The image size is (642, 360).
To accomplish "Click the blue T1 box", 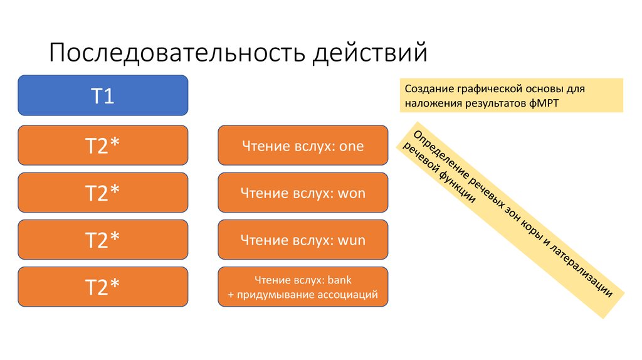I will click(103, 95).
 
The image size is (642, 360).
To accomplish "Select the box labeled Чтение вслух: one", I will click(303, 146).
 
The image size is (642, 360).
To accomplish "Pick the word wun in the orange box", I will click(352, 240).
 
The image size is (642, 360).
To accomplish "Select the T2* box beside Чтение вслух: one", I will click(103, 146).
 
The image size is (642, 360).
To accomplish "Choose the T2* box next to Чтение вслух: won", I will click(103, 193).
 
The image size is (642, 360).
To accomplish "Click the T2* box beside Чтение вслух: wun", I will click(103, 240).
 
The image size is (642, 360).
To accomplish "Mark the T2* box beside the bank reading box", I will click(103, 287).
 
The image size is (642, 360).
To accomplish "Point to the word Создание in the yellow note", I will click(426, 89).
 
